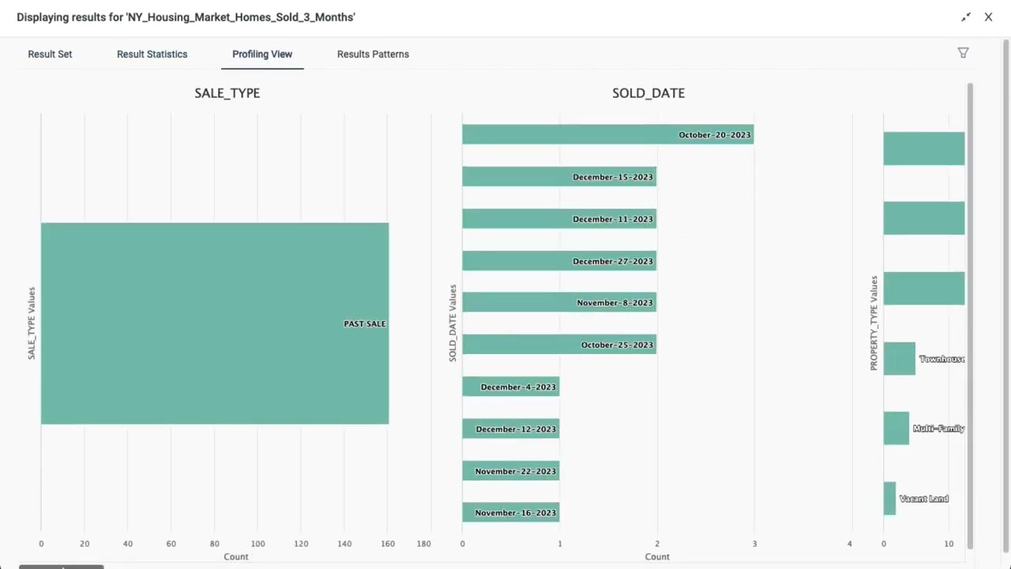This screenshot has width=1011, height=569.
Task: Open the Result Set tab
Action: [50, 54]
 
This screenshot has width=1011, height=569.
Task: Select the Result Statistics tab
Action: [152, 54]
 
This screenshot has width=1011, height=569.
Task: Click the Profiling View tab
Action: [262, 54]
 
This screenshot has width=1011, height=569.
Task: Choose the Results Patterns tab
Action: [373, 54]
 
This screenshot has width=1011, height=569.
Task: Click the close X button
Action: [988, 17]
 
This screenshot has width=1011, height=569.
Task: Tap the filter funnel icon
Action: [963, 53]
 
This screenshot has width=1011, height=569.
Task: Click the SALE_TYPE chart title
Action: [227, 92]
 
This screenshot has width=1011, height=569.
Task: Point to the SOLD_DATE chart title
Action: [648, 92]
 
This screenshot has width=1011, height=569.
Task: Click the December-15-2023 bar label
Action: [613, 177]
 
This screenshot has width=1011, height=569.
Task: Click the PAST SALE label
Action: [364, 323]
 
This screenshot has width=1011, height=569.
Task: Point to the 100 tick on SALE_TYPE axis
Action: [257, 544]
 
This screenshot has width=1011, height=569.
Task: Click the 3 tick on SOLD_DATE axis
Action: [754, 544]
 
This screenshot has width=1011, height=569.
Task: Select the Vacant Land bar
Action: [889, 499]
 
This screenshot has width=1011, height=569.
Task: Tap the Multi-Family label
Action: [938, 428]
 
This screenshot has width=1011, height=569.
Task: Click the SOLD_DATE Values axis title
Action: [453, 323]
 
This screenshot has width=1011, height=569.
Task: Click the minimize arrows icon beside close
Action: [965, 17]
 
